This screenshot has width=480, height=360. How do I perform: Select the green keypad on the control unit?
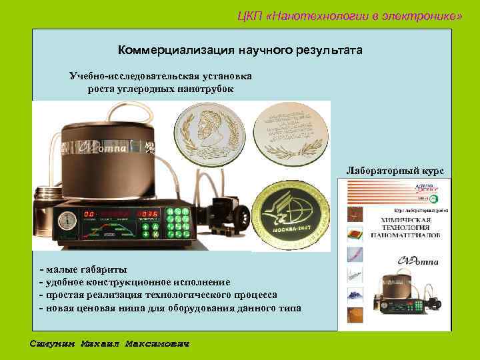tap(178, 223)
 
